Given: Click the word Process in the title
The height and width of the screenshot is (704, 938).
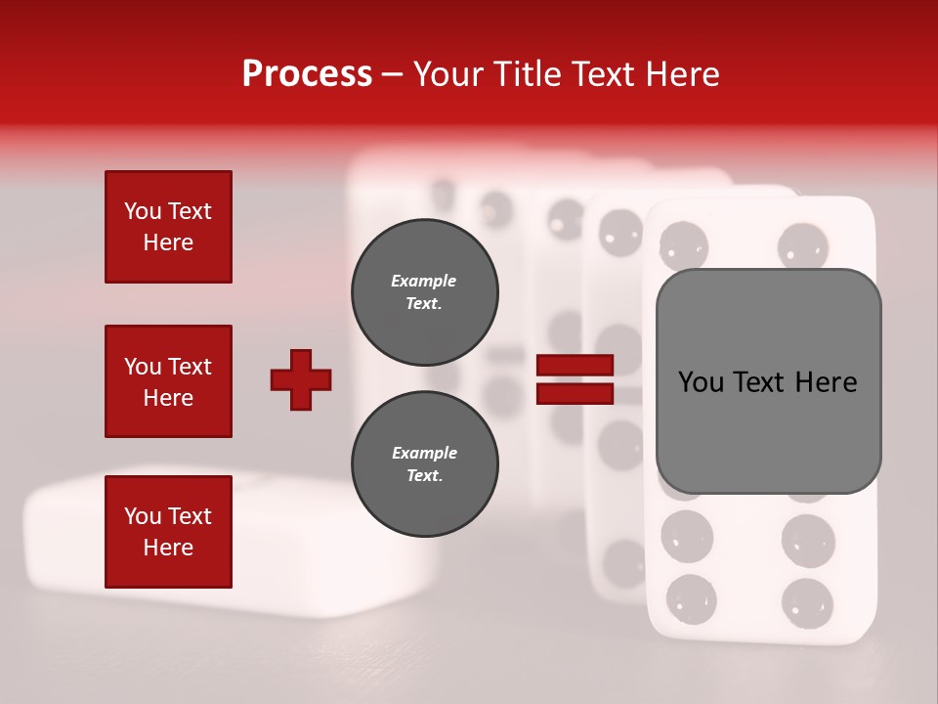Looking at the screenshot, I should (307, 74).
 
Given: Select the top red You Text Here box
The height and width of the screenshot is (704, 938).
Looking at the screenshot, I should (168, 227).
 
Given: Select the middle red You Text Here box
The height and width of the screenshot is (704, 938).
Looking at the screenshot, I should (168, 381).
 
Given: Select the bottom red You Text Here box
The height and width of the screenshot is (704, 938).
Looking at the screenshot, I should (168, 532).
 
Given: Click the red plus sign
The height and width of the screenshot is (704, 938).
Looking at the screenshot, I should (301, 379).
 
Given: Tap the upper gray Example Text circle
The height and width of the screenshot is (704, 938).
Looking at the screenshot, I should (424, 292).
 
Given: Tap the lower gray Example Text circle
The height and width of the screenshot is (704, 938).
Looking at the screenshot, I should (424, 464).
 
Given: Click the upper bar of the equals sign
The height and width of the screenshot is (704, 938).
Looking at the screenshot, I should (576, 365).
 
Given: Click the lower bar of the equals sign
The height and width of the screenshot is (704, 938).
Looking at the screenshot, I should (576, 393).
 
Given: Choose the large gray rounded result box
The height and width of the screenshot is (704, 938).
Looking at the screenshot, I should (768, 381).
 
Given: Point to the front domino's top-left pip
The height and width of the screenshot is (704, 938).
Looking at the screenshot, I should (683, 243).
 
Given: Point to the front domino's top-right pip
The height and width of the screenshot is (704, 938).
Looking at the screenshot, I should (804, 244).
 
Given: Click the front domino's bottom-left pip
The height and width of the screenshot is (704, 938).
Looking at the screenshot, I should (690, 597).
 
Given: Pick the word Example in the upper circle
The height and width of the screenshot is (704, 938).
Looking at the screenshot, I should (424, 281).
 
